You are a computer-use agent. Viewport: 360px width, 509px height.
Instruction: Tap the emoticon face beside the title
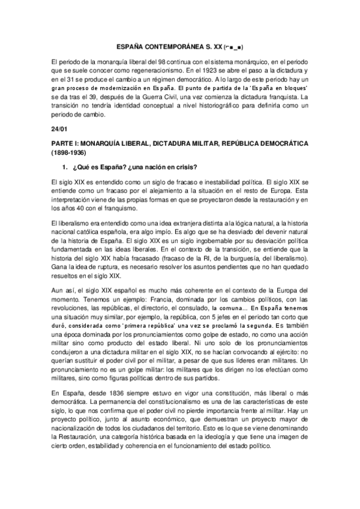233,46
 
